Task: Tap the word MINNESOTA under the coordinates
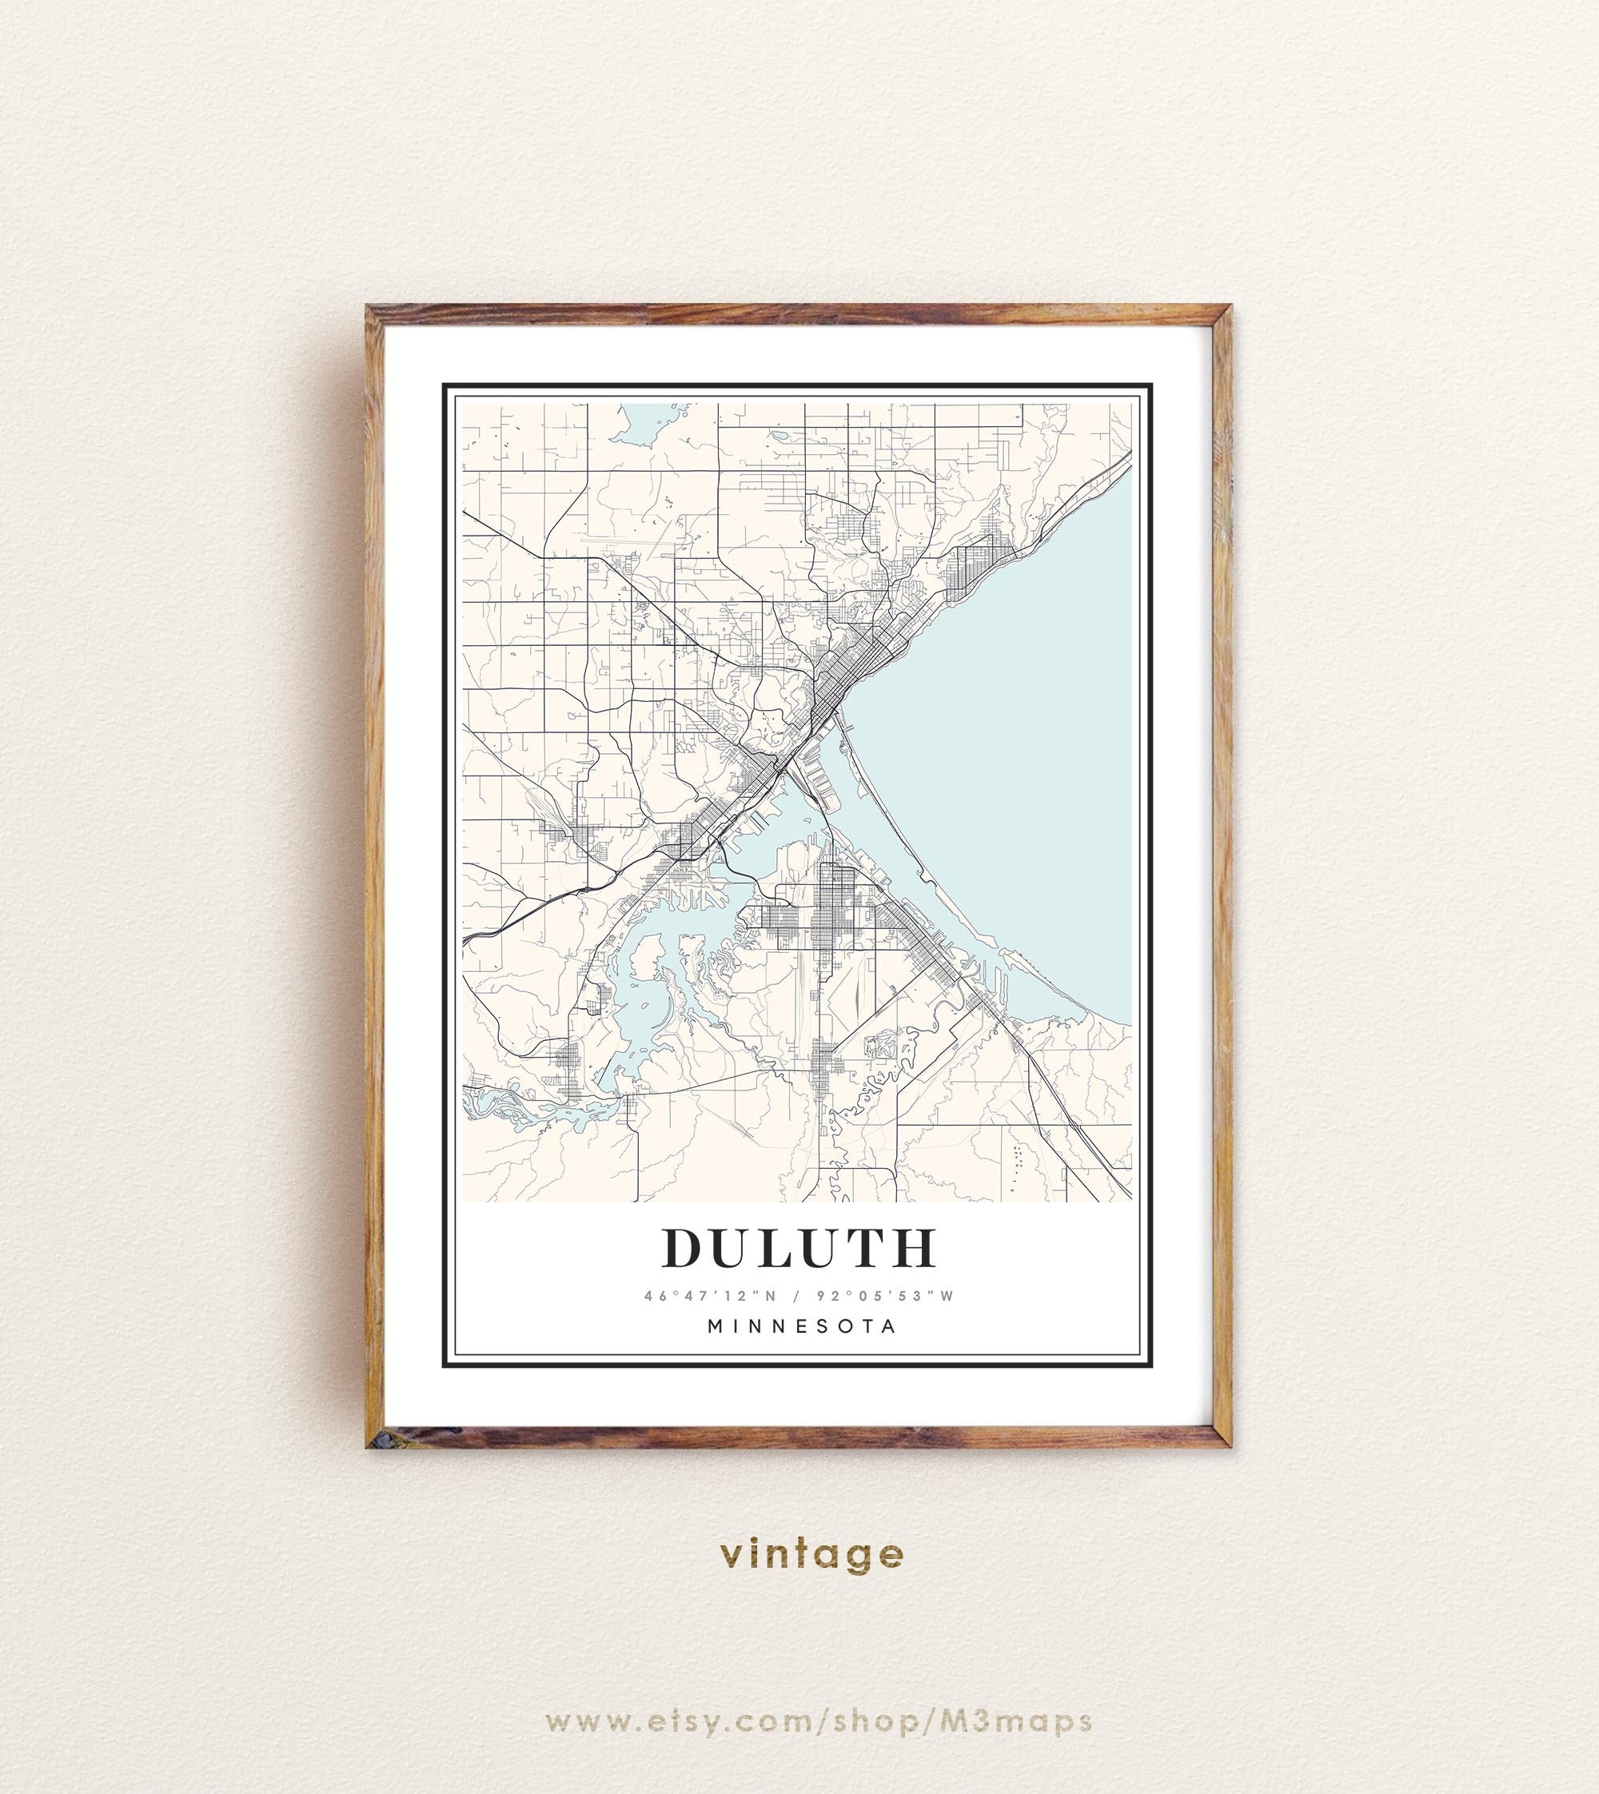[802, 1326]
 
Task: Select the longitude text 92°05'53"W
[886, 1296]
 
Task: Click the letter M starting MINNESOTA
[716, 1326]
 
